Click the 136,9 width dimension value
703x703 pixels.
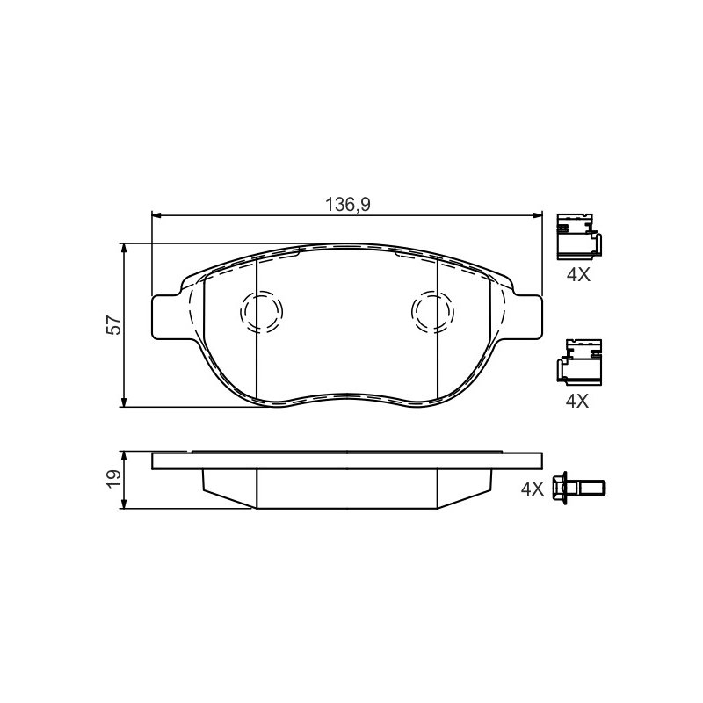[347, 205]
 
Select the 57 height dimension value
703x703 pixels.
[113, 325]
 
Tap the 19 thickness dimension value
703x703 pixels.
[113, 479]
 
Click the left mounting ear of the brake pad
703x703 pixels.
[166, 317]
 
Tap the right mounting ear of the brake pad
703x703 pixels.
[528, 317]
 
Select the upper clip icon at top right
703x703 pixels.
[578, 236]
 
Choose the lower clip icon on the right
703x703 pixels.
[579, 362]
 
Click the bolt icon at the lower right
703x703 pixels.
[579, 488]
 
